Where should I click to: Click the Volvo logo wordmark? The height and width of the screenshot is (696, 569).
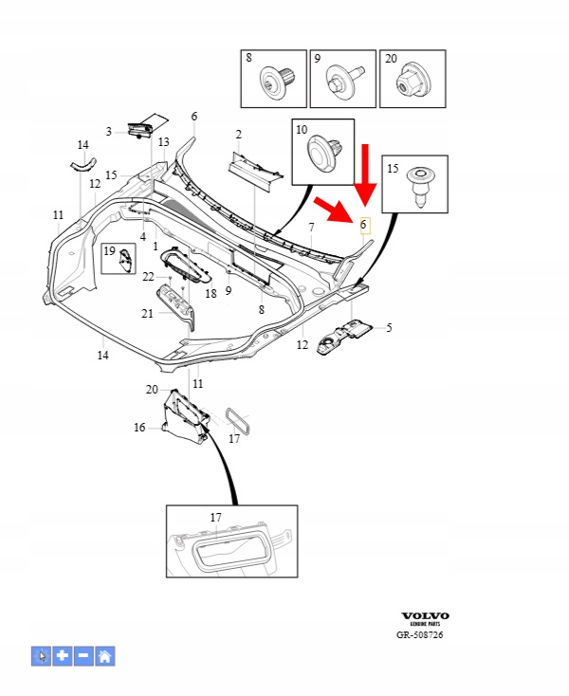pos(425,615)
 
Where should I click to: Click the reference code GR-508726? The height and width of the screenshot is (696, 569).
pos(419,635)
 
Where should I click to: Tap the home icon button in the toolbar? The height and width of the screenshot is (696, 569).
pos(105,655)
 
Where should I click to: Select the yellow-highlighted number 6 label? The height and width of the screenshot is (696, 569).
pos(363,225)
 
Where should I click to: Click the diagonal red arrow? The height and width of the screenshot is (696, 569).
pos(333,208)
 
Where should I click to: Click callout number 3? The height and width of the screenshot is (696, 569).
pos(109,132)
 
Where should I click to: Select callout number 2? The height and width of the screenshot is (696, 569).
pos(239,135)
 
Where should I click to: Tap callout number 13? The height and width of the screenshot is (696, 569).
pos(164,142)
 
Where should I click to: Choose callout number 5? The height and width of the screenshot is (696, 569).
pos(388,328)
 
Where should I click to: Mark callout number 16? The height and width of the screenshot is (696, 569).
pos(140,428)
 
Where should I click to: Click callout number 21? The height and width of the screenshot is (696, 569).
pos(147,313)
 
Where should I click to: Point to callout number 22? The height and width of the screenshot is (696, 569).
pos(148,276)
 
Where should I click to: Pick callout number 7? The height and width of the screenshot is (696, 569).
pos(310,229)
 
